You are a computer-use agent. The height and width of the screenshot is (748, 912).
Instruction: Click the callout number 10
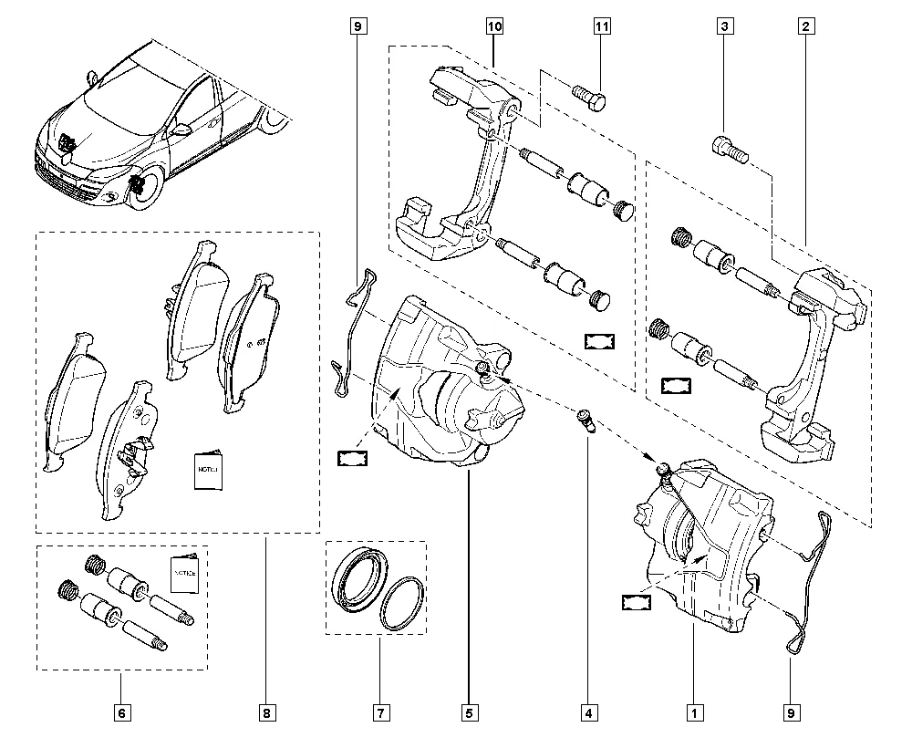[x=494, y=27]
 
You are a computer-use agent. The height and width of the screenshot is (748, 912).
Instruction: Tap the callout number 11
[x=602, y=27]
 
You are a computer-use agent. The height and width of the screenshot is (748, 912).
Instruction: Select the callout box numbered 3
[x=724, y=27]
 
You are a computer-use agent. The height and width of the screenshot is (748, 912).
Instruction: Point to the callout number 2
[x=805, y=27]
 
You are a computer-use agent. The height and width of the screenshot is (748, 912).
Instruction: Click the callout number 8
[x=267, y=712]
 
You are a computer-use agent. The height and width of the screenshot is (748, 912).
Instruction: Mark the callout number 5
[x=468, y=712]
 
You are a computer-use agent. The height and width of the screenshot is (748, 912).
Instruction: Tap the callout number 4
[x=587, y=712]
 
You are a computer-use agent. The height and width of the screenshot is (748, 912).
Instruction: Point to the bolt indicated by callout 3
[x=727, y=148]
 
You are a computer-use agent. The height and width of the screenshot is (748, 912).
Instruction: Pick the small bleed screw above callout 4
[x=587, y=422]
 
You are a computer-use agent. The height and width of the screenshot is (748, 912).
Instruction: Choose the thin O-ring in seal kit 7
[x=400, y=603]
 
